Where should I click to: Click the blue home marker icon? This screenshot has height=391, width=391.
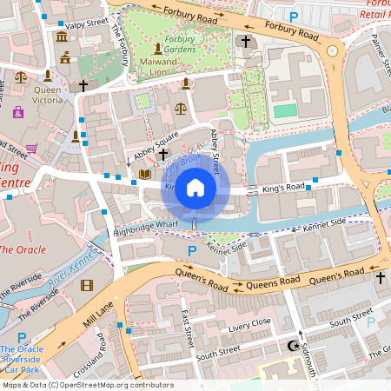coord(195,188)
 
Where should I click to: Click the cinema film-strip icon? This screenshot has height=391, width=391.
coord(86,285)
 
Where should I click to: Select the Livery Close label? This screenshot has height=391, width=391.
coord(250,330)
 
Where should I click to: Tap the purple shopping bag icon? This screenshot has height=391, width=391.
coord(18,111)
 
